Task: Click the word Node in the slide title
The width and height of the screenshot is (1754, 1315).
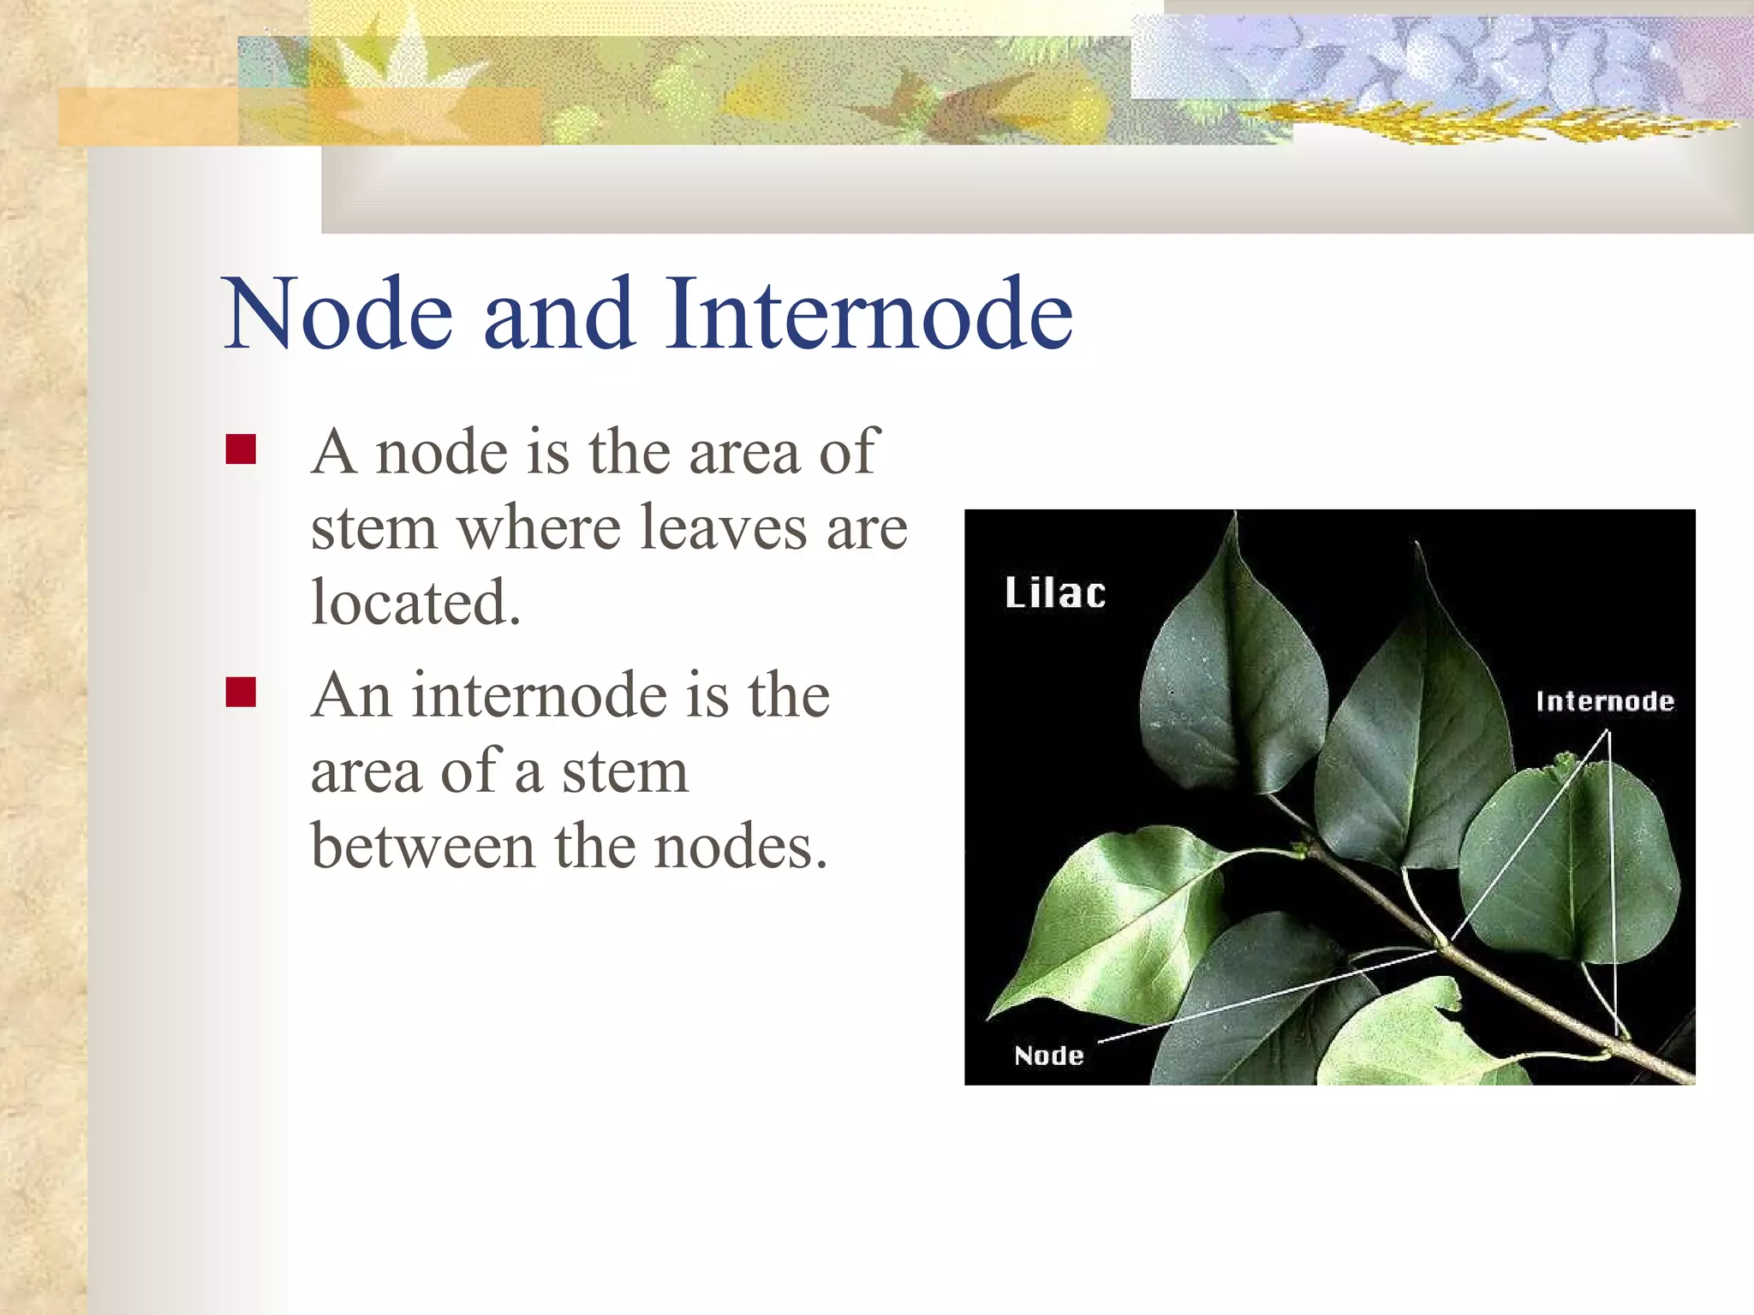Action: tap(338, 313)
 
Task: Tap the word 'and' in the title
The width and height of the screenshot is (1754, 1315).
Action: tap(559, 313)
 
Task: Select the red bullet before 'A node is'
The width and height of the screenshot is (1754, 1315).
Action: tap(241, 449)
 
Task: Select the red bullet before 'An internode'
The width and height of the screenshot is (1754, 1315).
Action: tap(241, 692)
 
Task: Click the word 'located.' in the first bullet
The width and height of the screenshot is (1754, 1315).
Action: tap(415, 603)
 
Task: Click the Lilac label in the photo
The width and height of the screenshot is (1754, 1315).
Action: tap(1054, 593)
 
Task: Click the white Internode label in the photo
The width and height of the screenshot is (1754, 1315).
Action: tap(1604, 702)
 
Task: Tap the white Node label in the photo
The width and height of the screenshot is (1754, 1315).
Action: tap(1048, 1055)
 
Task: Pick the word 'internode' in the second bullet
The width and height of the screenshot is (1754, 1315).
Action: tap(539, 694)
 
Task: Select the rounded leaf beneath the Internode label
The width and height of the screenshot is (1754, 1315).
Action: tap(1567, 865)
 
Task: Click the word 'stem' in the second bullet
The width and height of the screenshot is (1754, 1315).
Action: tap(624, 771)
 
